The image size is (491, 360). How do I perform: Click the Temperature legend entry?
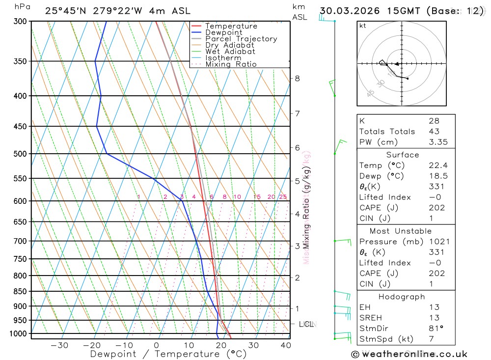[231, 26]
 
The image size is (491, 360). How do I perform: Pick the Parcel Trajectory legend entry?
[241, 39]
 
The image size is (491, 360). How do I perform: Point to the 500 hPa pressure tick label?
[21, 154]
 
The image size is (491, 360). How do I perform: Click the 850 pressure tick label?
[21, 291]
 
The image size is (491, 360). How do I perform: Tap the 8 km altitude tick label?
[297, 78]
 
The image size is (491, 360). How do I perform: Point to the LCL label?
[307, 324]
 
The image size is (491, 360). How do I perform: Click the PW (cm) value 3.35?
[437, 142]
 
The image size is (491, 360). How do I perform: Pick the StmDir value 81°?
[435, 329]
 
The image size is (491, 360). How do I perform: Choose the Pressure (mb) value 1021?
[438, 242]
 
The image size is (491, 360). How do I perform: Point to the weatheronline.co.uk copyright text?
[409, 354]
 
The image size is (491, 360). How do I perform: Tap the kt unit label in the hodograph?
[363, 26]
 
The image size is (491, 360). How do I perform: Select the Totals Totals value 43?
[434, 131]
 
